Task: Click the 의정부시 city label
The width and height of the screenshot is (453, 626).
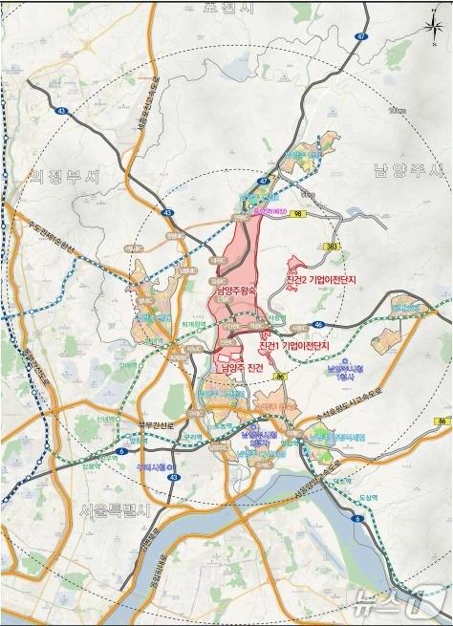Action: coord(64,177)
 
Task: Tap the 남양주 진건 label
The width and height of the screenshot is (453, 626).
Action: coord(241,368)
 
